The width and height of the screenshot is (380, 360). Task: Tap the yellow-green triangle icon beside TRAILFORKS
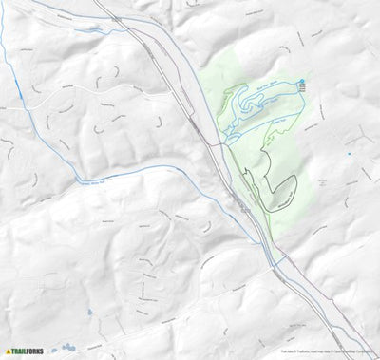(9, 351)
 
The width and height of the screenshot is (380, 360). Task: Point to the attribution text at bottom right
(329, 351)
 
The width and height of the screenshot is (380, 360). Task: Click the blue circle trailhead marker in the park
(302, 81)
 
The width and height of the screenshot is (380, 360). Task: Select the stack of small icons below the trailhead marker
(302, 88)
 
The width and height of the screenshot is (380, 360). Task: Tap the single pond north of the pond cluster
(88, 311)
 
